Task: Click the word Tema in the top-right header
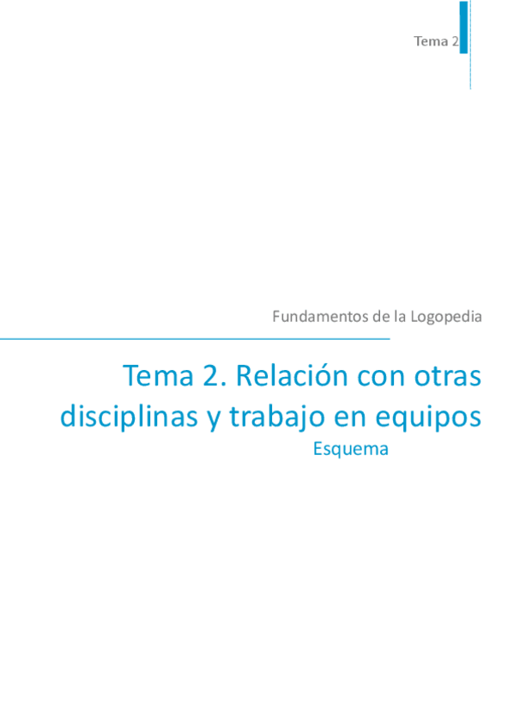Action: pyautogui.click(x=430, y=40)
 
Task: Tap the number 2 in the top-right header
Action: pyautogui.click(x=455, y=40)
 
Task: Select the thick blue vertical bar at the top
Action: pyautogui.click(x=464, y=27)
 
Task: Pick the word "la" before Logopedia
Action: pyautogui.click(x=400, y=316)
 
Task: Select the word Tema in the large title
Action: pyautogui.click(x=155, y=376)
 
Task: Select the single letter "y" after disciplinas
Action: pyautogui.click(x=214, y=419)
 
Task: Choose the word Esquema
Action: pyautogui.click(x=351, y=448)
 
